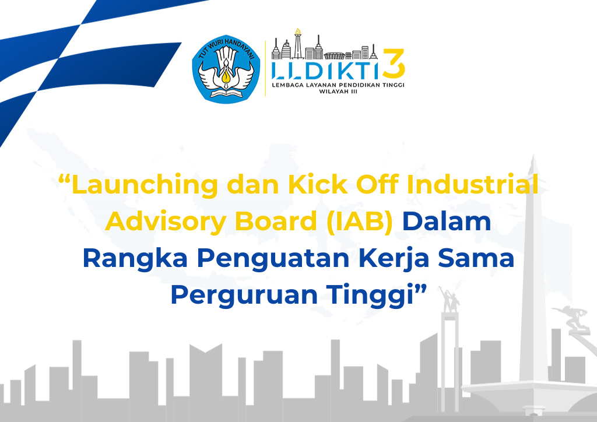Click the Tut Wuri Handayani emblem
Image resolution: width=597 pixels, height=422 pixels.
pos(226,69)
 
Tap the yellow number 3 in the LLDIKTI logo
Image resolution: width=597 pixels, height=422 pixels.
pos(394,64)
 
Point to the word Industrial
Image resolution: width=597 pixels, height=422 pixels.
pos(472,185)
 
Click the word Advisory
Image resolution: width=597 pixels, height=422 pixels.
pos(166,222)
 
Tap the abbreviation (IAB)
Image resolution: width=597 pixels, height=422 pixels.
pos(359,222)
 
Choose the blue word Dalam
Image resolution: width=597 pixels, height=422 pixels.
pos(447,221)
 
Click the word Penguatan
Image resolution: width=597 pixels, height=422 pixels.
pos(273,259)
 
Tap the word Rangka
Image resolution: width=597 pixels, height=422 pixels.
pos(135,259)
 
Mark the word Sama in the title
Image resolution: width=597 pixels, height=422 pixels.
pos(476,259)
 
